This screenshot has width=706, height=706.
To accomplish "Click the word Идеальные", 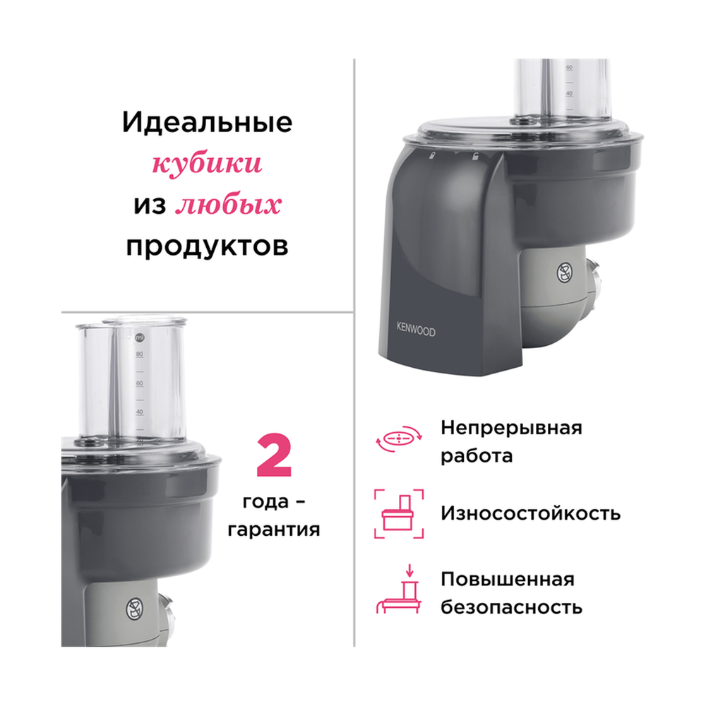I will click(207, 123).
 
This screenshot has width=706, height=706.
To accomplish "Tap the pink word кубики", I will click(207, 165).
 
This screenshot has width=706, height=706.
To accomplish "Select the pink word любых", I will click(228, 205).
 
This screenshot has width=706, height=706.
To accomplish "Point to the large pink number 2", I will click(273, 458).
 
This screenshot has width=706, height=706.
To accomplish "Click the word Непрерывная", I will click(511, 428).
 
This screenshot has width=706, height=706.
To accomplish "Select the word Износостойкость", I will click(531, 513).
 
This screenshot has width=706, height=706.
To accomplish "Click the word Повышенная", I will click(508, 580).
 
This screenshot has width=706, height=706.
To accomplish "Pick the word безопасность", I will click(512, 606).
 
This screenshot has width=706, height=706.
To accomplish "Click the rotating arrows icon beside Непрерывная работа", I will click(400, 441).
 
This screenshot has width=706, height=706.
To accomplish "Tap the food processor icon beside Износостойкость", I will click(399, 513).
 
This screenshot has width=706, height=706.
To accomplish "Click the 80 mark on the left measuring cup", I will click(140, 354).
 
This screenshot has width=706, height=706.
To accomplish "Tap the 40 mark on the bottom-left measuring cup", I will click(140, 412).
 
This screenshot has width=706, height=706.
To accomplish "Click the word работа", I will click(477, 455).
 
